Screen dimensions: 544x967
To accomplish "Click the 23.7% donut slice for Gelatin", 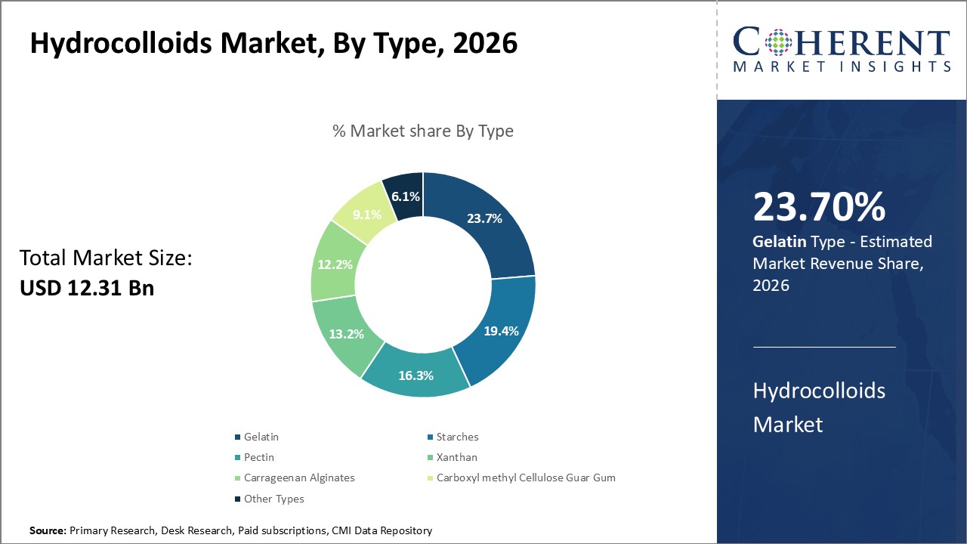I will tap(483, 219).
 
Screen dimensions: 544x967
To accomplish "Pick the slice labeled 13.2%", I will tap(346, 334).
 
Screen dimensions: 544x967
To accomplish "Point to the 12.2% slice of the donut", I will tap(333, 264).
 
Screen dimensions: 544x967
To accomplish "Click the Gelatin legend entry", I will tap(261, 437).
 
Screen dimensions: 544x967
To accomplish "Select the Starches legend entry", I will tap(457, 437).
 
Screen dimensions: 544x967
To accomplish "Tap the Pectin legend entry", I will tap(258, 457).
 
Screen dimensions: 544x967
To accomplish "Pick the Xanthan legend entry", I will tap(456, 457).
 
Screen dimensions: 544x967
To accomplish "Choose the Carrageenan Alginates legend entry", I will tap(298, 478).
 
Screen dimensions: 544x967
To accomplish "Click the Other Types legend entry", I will tap(273, 499).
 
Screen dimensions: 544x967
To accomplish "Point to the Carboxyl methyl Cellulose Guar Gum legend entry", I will tap(525, 478).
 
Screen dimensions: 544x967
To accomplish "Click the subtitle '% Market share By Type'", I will tap(423, 131).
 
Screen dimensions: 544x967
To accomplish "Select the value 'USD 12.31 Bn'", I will tap(87, 288).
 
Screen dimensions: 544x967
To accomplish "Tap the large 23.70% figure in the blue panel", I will tap(819, 207).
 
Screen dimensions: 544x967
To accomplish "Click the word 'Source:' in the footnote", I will tap(48, 531).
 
